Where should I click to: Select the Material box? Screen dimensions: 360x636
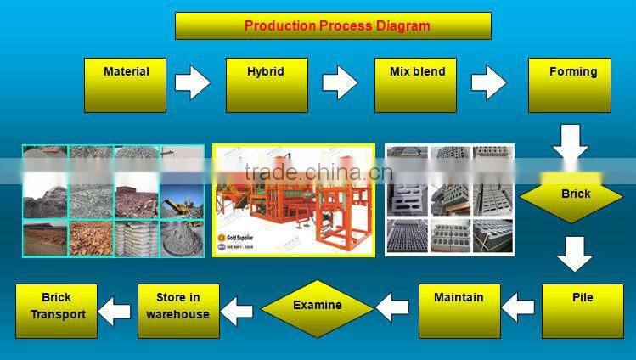(x=126, y=85)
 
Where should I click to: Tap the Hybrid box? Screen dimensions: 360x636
(x=267, y=85)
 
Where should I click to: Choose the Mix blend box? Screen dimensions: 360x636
(x=416, y=85)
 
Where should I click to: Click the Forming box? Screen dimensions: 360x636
(x=569, y=85)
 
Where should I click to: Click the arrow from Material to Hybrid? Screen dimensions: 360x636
(x=192, y=83)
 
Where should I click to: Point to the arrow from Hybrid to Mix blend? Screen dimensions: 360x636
(x=340, y=83)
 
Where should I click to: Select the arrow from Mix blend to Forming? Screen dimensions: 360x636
(x=488, y=83)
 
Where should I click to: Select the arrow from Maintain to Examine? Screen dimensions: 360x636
(x=393, y=307)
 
